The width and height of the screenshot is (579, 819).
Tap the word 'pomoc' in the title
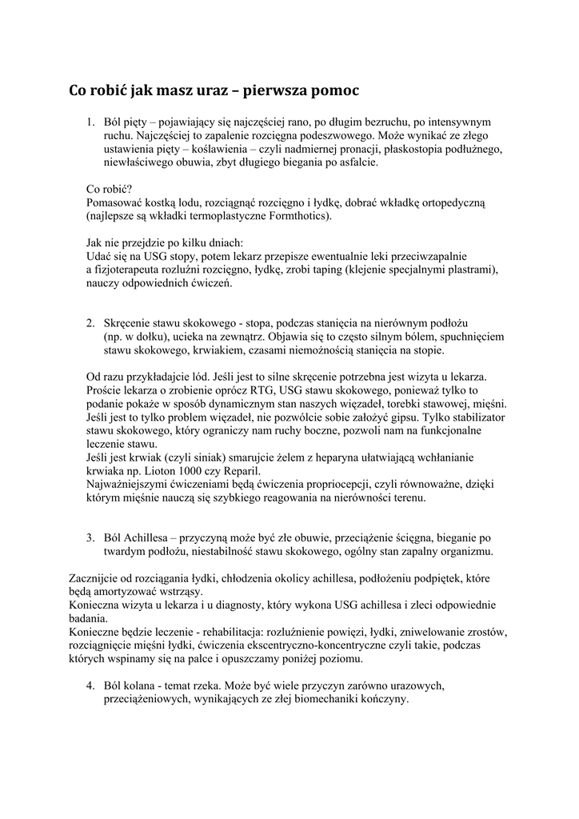click(337, 91)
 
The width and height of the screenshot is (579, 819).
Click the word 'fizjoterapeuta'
click(126, 270)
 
